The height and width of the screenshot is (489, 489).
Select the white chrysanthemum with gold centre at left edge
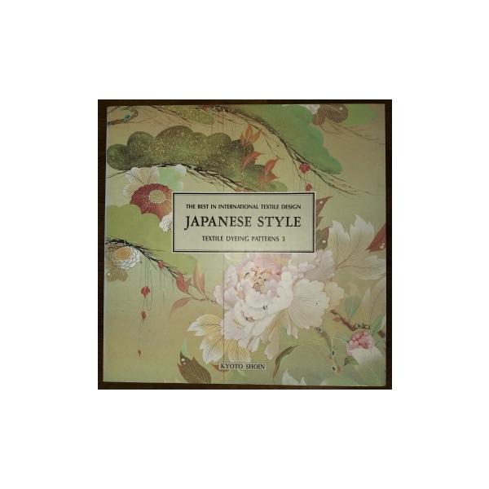click(x=124, y=256)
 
